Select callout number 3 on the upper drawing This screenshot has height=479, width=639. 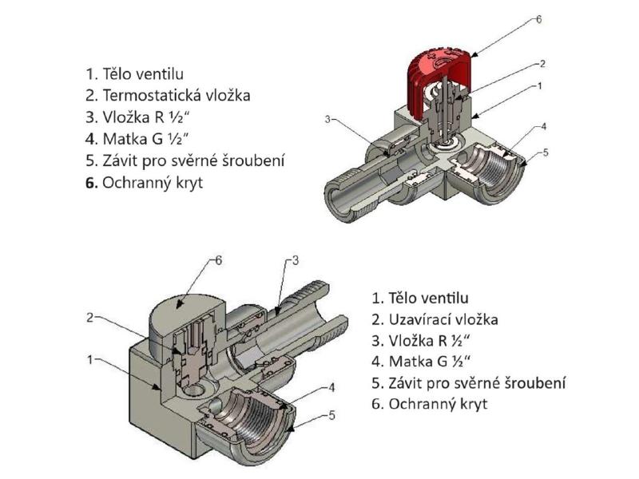click(327, 120)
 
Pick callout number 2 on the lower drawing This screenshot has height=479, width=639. click(91, 317)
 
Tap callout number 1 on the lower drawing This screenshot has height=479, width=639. click(91, 359)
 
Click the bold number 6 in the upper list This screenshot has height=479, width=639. click(90, 182)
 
